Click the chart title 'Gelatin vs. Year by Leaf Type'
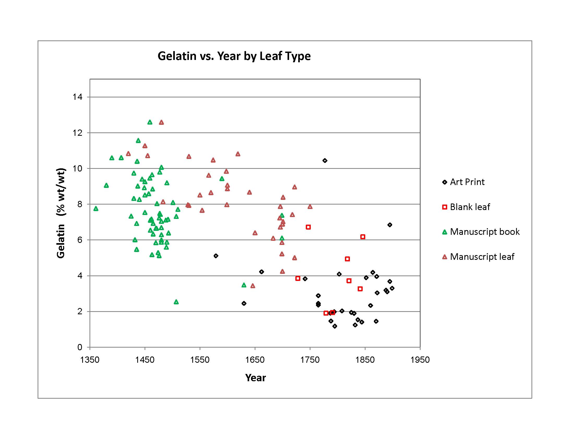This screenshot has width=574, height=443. pos(234,56)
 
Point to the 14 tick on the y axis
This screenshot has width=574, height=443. pos(77,97)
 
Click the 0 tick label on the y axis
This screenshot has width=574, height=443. pos(80,347)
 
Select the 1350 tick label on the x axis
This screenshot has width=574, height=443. pos(90,360)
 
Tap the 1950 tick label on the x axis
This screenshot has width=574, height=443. pos(420,360)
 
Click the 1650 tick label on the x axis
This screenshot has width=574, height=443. pos(255,360)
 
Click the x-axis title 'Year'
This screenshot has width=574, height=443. pos(255,378)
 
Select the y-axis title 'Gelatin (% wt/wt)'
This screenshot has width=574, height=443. pos(61,213)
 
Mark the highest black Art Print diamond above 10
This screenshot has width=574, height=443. pos(325,161)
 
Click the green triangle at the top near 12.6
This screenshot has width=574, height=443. pos(150,122)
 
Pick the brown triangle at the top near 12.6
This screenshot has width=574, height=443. pos(161,122)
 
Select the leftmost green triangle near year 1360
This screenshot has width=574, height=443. pos(96,209)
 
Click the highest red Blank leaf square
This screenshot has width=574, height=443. pos(308,227)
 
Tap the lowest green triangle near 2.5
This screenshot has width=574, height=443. pos(176,302)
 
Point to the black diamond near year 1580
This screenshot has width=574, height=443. pos(216,256)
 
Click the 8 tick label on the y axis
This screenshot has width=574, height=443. pos(80,204)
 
